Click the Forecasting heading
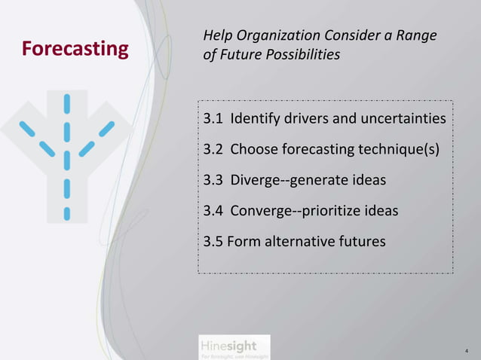tap(75, 49)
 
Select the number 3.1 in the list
tap(213, 120)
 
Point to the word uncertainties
tap(399, 120)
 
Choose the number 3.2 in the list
tap(213, 151)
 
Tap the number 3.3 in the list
tap(213, 182)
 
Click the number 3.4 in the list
tap(213, 212)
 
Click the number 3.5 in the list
tap(213, 243)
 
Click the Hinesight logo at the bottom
tap(227, 347)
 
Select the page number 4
tap(467, 351)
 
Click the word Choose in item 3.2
tap(254, 151)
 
